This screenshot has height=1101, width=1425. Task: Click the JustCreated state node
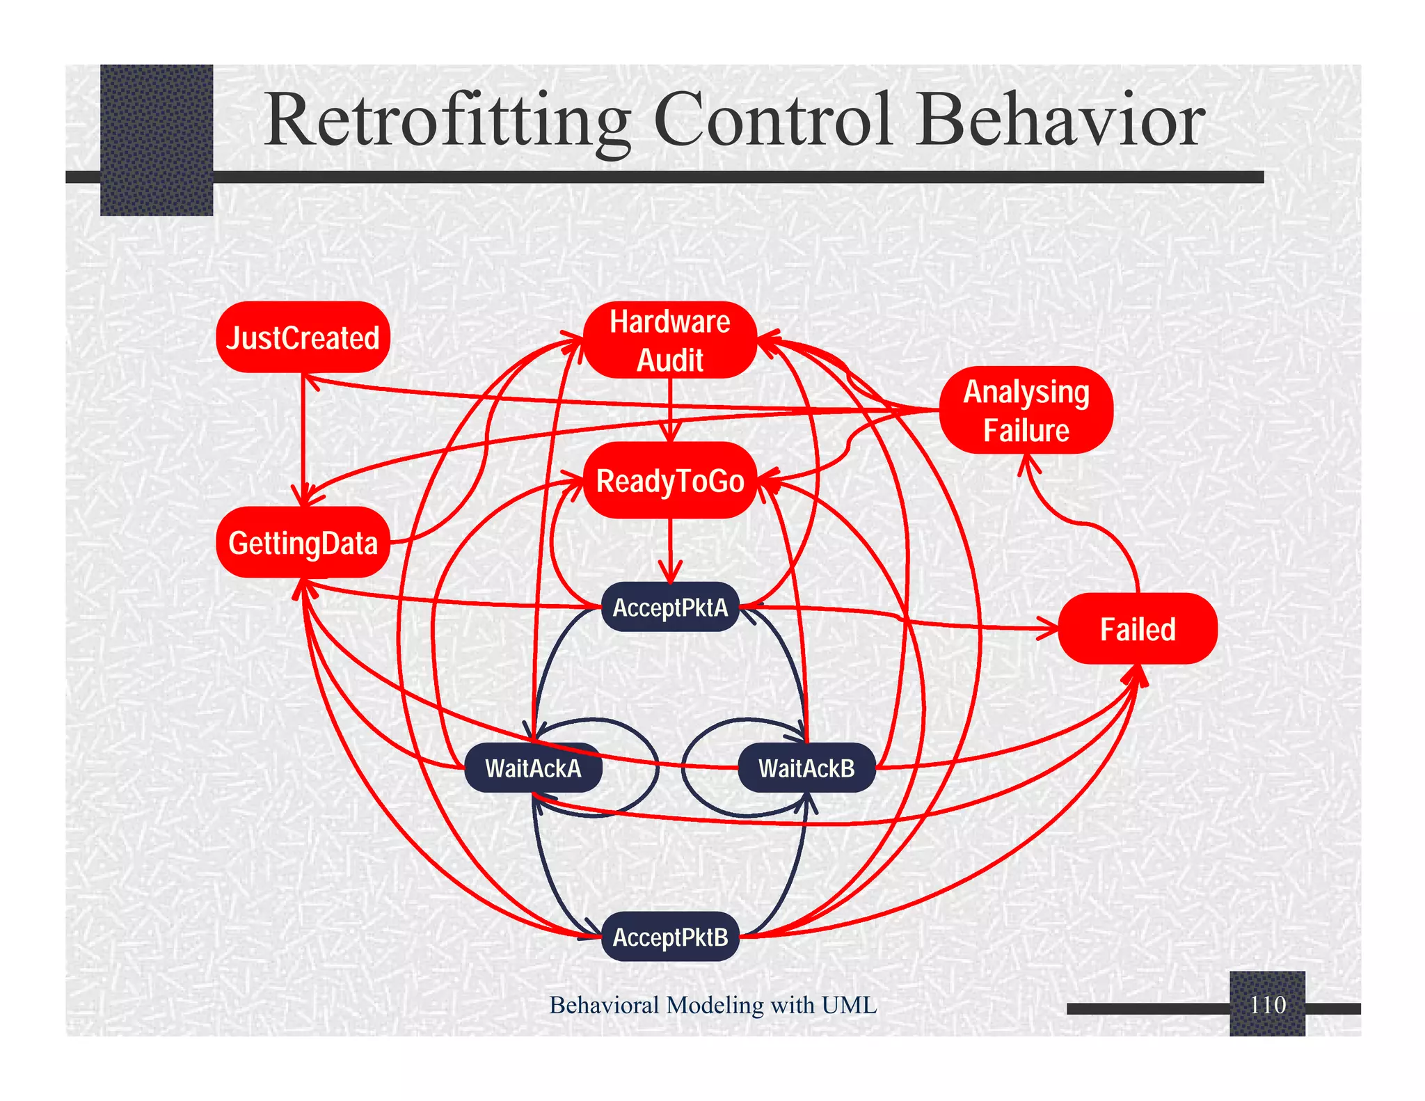point(303,338)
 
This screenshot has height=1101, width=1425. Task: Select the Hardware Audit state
point(669,340)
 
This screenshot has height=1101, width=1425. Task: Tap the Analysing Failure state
point(1026,411)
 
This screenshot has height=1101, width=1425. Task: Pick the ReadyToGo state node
point(669,481)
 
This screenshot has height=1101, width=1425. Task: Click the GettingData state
point(303,543)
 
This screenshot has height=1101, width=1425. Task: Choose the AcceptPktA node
point(669,608)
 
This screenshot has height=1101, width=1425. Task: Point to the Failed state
point(1137,629)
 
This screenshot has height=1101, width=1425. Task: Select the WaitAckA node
point(533,768)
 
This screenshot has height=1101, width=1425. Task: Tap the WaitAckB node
point(806,768)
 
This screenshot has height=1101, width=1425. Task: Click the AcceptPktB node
point(669,937)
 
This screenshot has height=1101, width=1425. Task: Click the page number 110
point(1267,1005)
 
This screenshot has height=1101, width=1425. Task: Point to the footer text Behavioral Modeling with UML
point(712,1005)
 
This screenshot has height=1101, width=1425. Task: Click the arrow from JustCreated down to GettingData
point(303,438)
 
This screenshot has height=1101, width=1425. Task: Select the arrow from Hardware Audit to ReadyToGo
point(670,411)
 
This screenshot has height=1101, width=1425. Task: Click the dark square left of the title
point(157,139)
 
